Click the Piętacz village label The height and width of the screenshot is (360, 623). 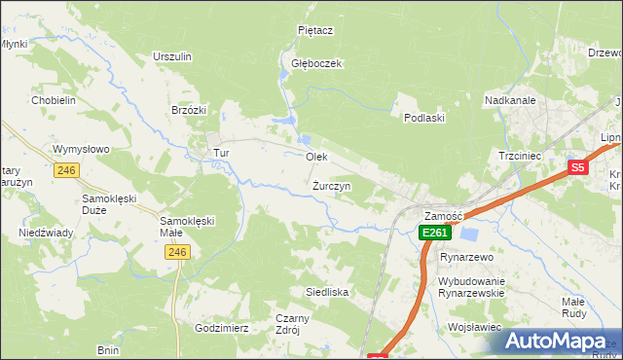click(315, 30)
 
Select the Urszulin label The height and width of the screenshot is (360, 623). click(171, 56)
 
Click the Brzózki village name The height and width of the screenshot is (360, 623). click(189, 110)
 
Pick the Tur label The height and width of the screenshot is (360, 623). click(221, 154)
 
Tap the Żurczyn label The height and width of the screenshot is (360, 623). click(332, 185)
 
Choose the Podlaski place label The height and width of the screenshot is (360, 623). click(424, 118)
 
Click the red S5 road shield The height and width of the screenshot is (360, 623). click(578, 167)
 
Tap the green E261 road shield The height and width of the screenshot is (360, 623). click(434, 234)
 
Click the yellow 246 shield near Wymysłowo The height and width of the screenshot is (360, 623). click(66, 170)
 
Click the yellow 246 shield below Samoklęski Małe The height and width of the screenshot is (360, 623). click(176, 252)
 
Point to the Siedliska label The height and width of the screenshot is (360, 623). click(327, 291)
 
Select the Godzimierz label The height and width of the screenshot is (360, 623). click(221, 328)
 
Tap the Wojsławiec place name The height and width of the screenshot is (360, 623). click(473, 328)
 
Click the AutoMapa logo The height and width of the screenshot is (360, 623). click(560, 341)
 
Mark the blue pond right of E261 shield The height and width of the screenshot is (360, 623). click(469, 234)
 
